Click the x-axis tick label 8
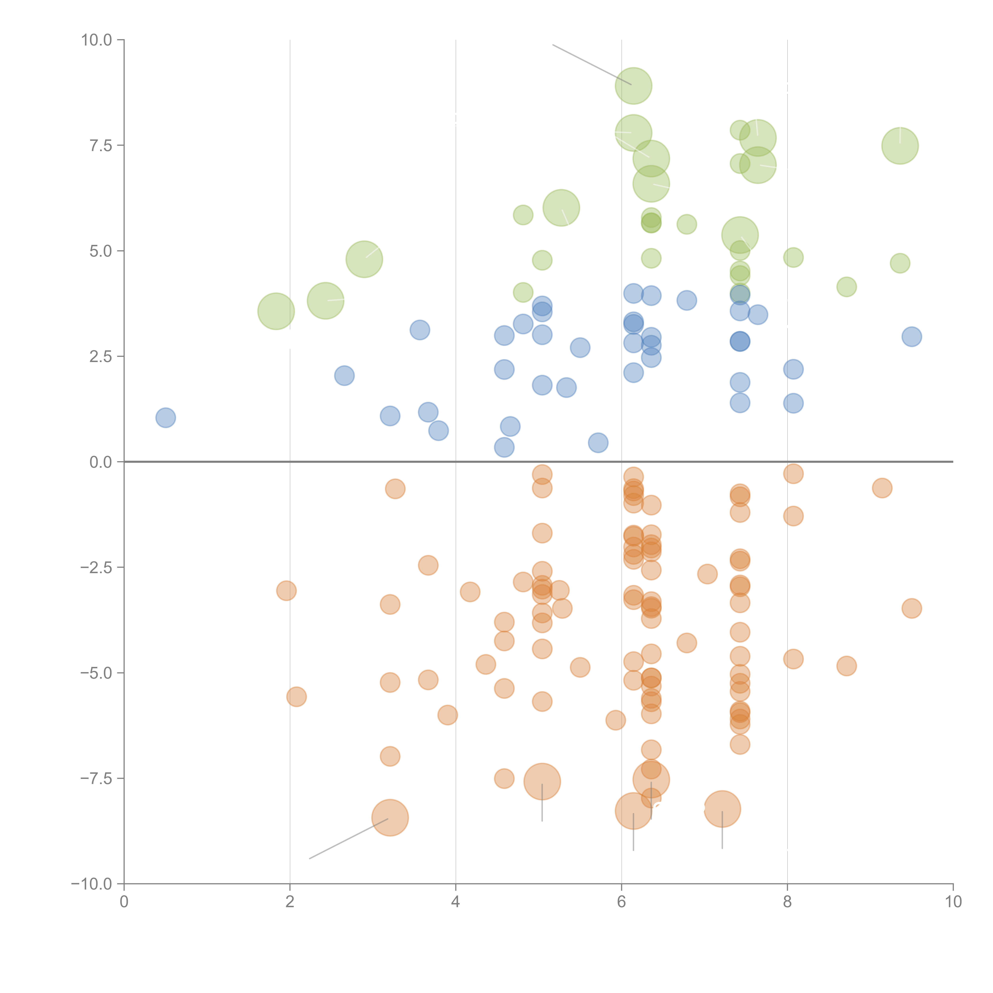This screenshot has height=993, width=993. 787,902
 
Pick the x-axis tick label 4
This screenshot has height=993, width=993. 455,902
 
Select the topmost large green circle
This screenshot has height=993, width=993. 633,86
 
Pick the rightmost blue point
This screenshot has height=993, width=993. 911,337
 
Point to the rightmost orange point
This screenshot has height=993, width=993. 911,609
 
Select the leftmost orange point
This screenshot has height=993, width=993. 286,591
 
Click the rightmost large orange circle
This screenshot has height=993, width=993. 722,809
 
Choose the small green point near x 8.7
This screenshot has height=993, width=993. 846,287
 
